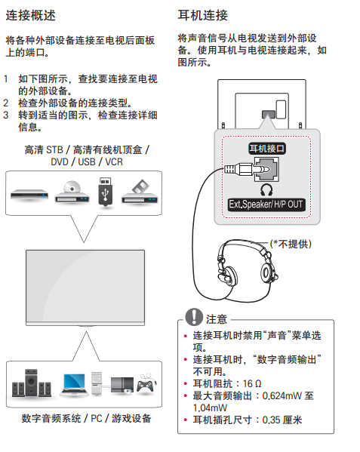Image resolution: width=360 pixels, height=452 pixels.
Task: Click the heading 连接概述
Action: [30, 15]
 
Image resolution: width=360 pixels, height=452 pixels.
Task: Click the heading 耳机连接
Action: [202, 15]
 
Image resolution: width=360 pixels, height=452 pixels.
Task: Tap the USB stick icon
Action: [106, 192]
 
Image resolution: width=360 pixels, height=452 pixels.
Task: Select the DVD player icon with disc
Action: [72, 192]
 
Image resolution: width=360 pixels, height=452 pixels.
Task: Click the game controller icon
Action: [146, 384]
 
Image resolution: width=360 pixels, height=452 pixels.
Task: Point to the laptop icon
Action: [74, 384]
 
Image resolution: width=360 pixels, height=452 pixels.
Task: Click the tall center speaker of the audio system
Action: [31, 383]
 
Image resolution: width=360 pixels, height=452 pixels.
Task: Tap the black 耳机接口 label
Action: [267, 149]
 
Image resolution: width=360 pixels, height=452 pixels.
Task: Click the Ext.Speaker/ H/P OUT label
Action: [266, 204]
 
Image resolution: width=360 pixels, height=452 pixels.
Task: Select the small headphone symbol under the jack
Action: [266, 189]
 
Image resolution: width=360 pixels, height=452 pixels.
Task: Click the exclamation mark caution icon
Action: [194, 316]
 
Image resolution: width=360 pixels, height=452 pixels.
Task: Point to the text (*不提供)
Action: [291, 244]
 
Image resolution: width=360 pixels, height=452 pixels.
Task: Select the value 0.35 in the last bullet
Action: [271, 420]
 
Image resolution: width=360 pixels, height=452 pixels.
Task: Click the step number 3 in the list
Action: [6, 115]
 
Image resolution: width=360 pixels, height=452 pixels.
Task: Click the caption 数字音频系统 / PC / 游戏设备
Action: [86, 418]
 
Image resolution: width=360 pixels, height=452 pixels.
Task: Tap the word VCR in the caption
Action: [114, 162]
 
